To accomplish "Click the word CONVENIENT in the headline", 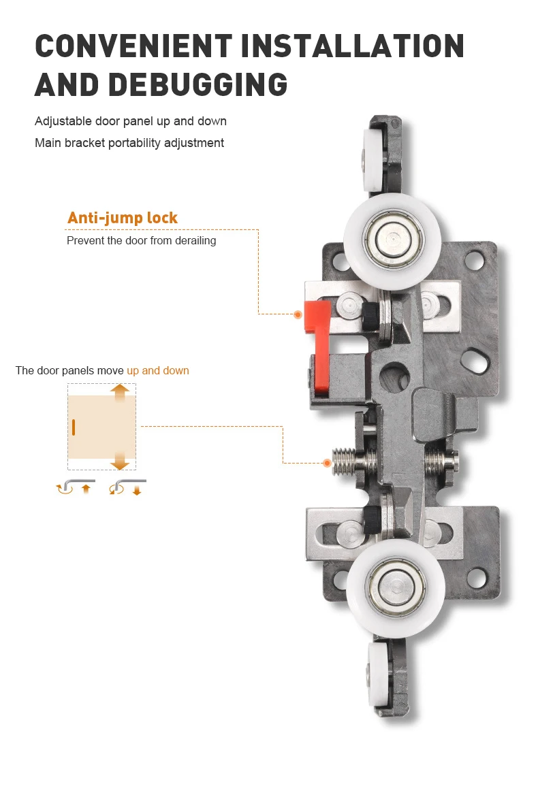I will (x=133, y=46).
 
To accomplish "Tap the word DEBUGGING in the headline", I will (x=198, y=84).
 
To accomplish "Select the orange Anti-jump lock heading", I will (x=122, y=218).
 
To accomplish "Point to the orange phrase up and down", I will (x=157, y=370).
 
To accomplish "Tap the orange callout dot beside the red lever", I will (x=298, y=314).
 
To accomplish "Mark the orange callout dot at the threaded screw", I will (x=327, y=463).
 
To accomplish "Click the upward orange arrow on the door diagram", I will (x=120, y=394).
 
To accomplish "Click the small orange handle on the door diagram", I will (x=73, y=427).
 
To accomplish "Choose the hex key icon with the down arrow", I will (x=127, y=487).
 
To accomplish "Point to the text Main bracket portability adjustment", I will (x=129, y=143).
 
